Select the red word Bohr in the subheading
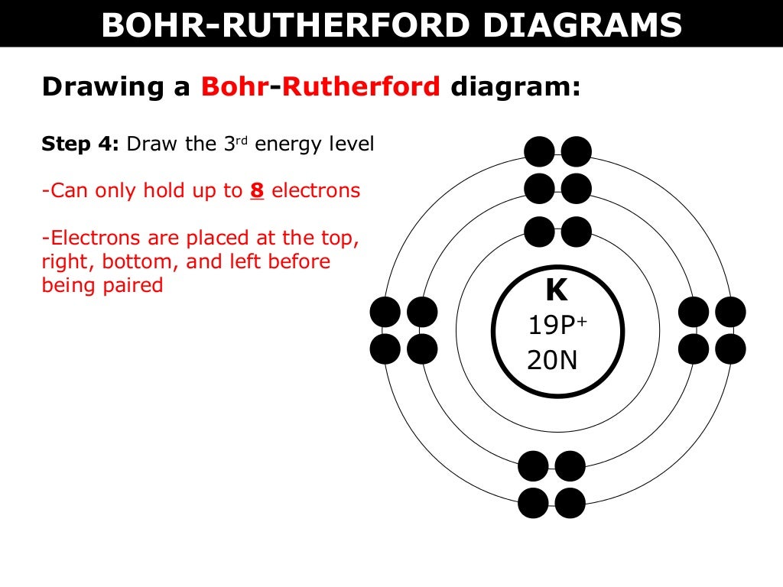(x=234, y=87)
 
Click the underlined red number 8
(x=257, y=190)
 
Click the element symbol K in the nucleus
(x=556, y=291)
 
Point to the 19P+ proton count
(x=557, y=326)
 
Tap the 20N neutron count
(x=552, y=359)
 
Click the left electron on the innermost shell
(x=540, y=232)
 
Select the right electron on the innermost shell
(x=577, y=232)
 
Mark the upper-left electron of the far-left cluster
(x=385, y=312)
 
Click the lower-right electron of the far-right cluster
(x=730, y=349)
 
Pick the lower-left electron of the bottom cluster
(x=533, y=503)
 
